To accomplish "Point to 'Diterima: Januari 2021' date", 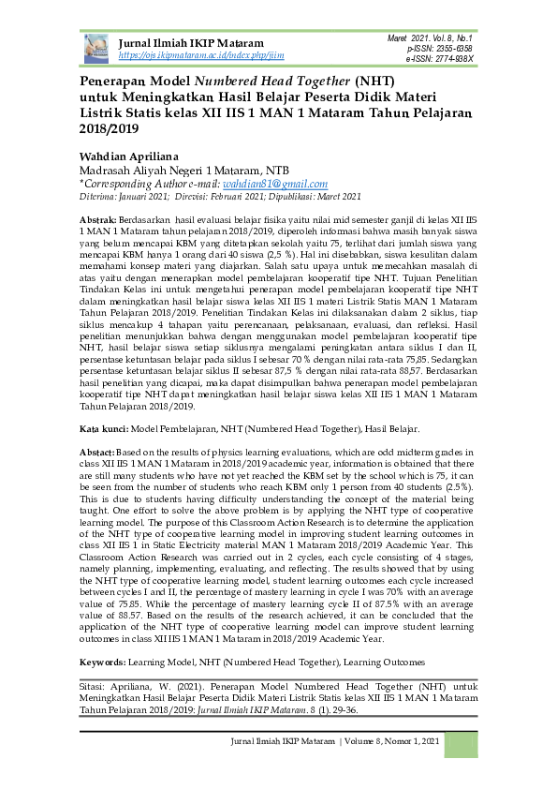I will (116, 197).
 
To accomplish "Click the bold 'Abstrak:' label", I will (98, 217).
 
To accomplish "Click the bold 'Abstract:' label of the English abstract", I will (99, 451).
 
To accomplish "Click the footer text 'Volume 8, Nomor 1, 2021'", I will (390, 769).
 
